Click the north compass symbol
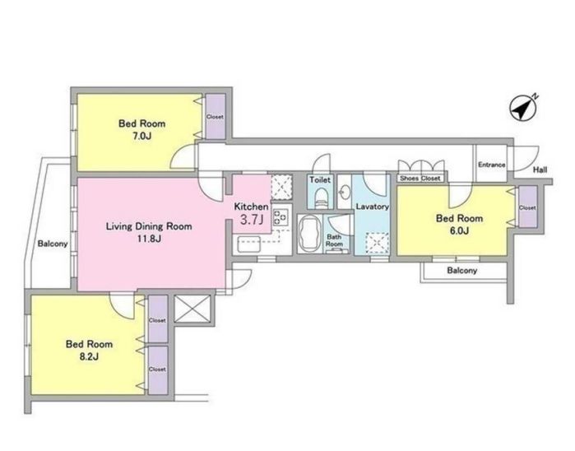coord(523,109)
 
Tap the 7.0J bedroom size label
coord(142,137)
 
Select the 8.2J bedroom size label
coord(89,356)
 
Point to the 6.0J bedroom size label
coord(459,230)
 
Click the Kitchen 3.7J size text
coord(252,220)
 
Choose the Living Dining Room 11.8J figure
coord(149,239)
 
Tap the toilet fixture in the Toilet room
coord(322,198)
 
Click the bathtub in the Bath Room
coord(310,234)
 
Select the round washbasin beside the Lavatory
coord(345,192)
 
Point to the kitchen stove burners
coord(281,216)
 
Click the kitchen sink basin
coord(249,244)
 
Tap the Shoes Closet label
coord(420,179)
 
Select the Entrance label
coord(491,165)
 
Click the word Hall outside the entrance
coord(540,170)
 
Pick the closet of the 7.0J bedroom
coord(216,117)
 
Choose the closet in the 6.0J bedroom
coord(527,207)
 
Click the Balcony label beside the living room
coord(53,244)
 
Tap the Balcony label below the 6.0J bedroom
coord(462,271)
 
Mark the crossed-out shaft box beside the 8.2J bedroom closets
coord(192,309)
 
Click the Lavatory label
coord(372,207)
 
